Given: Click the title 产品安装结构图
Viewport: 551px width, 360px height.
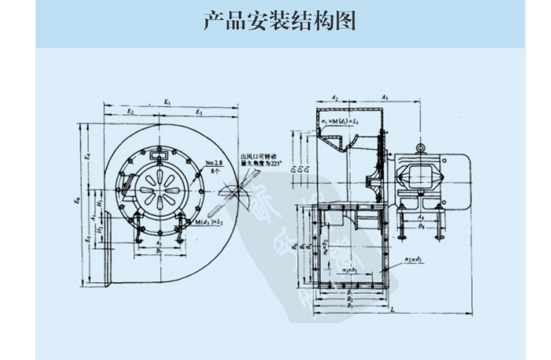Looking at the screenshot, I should click(279, 21).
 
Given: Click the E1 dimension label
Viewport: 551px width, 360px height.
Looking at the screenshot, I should click(168, 102).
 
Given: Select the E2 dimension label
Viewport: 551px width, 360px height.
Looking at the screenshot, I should click(129, 111).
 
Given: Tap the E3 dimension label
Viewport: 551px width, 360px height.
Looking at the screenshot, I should click(198, 111).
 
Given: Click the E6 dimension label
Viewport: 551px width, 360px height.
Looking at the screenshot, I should click(79, 200).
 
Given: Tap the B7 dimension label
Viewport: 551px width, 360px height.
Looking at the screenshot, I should click(160, 251).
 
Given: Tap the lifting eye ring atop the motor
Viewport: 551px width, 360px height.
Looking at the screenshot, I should click(420, 148).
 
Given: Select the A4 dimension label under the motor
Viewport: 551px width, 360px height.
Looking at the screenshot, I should click(420, 217).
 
